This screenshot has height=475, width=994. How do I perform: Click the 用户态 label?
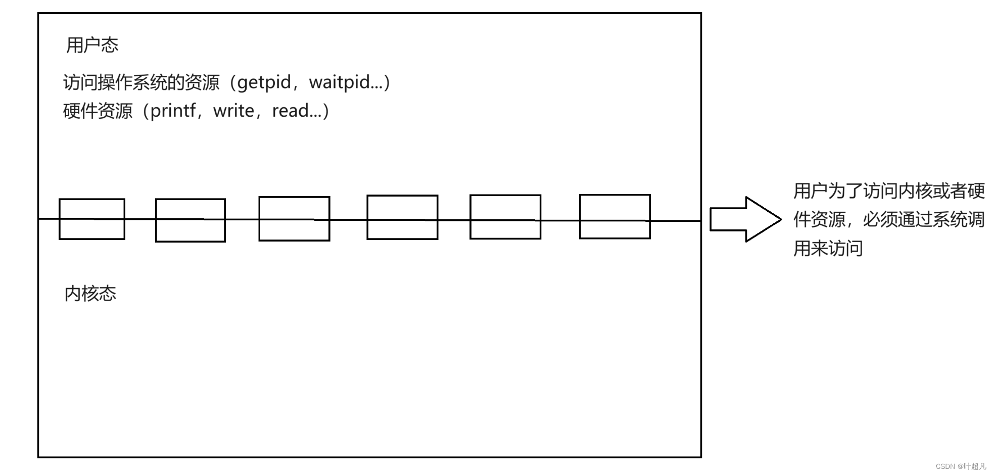click(x=92, y=45)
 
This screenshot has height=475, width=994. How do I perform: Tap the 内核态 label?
click(x=90, y=294)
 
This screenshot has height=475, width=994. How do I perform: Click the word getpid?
click(x=264, y=82)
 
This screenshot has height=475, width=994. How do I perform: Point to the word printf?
click(x=173, y=111)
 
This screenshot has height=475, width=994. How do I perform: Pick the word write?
click(x=233, y=111)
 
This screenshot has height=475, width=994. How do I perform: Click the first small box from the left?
click(x=92, y=219)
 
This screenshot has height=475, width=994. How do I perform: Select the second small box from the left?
click(x=191, y=220)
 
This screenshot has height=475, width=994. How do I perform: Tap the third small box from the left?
click(x=294, y=219)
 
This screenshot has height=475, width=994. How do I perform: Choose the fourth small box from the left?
click(x=402, y=217)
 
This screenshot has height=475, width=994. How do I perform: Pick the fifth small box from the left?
click(x=505, y=217)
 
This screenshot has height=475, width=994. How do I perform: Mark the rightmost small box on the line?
click(x=614, y=216)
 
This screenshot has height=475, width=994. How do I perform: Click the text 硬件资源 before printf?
click(x=98, y=111)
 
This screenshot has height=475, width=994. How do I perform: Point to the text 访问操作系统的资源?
click(x=141, y=82)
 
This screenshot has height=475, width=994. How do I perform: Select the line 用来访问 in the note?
click(x=828, y=249)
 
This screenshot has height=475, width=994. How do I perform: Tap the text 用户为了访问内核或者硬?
click(x=889, y=191)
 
